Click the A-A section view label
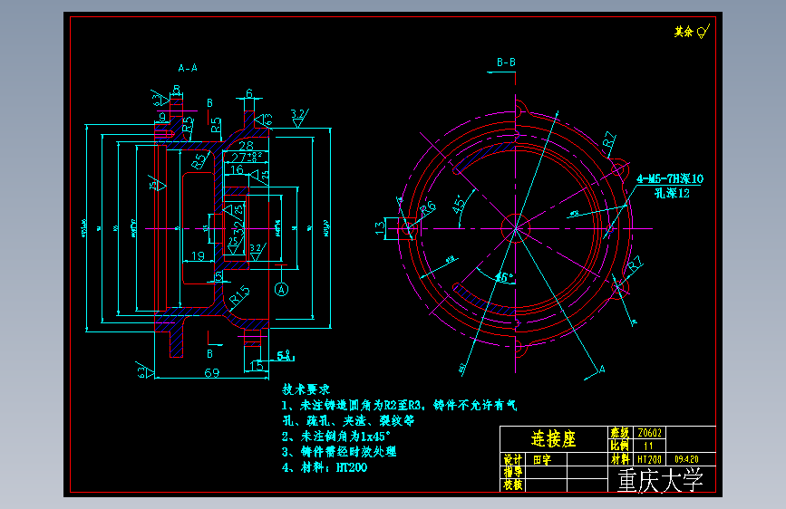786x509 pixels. pos(189,68)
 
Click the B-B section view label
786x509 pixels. pos(506,62)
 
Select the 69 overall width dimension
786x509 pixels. pos(210,373)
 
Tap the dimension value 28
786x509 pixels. pos(246,145)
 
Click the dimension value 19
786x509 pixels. pos(198,255)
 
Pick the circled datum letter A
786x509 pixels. pos(281,289)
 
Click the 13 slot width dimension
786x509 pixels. pos(378,228)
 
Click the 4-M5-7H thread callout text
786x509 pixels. pos(670,179)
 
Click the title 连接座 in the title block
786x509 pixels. pos(553,439)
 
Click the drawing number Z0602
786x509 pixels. pos(651,433)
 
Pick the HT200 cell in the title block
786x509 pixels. pos(649,459)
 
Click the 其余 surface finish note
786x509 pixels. pos(683,32)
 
